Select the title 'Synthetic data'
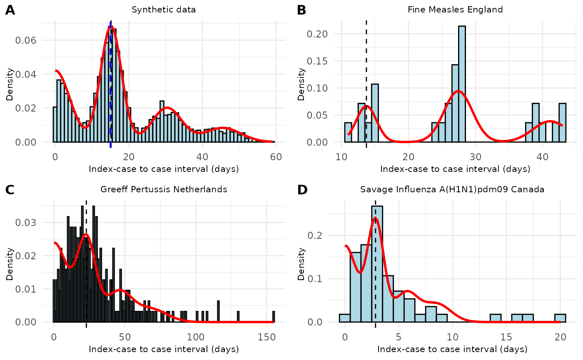[164, 10]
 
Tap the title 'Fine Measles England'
[455, 10]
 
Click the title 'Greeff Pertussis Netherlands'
[164, 190]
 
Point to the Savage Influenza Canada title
[452, 190]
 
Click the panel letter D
[302, 190]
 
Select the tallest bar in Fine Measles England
[461, 83]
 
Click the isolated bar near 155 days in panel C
[274, 317]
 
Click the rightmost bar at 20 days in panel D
[560, 318]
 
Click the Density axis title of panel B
[301, 85]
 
